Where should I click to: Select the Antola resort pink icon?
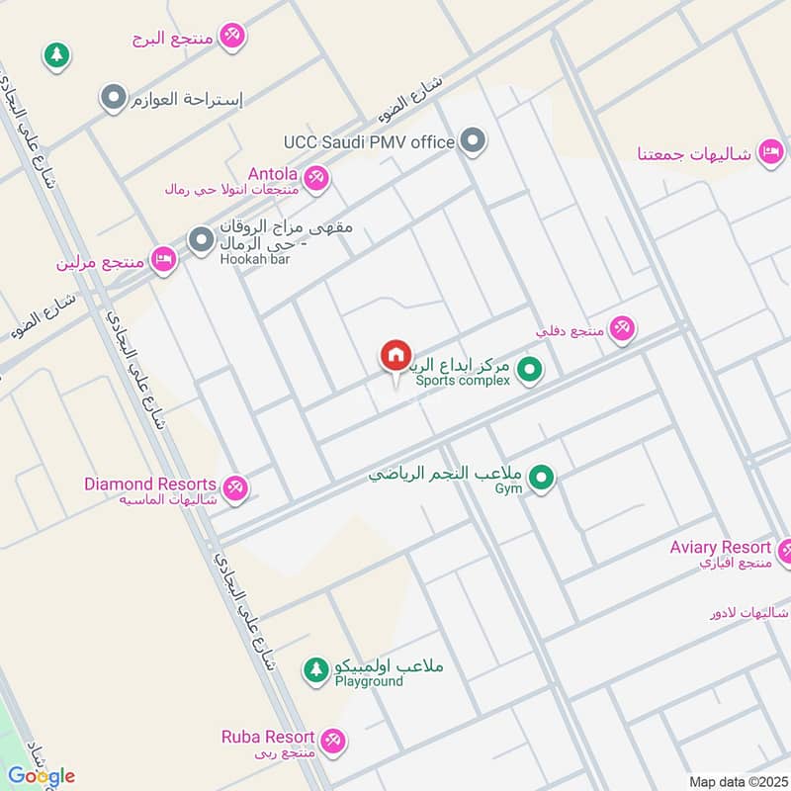[x=316, y=178]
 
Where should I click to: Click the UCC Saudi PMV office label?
[x=368, y=142]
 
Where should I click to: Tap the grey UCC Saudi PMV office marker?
[x=475, y=141]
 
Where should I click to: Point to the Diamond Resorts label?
[x=149, y=484]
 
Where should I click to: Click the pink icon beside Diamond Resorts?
[x=235, y=487]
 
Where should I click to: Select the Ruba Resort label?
[x=268, y=738]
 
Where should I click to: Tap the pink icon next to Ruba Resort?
[x=333, y=740]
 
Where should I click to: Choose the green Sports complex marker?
[x=531, y=371]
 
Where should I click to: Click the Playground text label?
[x=368, y=681]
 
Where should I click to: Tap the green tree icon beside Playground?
[x=315, y=670]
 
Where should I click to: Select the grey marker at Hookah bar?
[x=202, y=239]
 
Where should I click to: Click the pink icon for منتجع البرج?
[x=232, y=38]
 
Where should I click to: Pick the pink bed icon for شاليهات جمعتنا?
[x=770, y=152]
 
